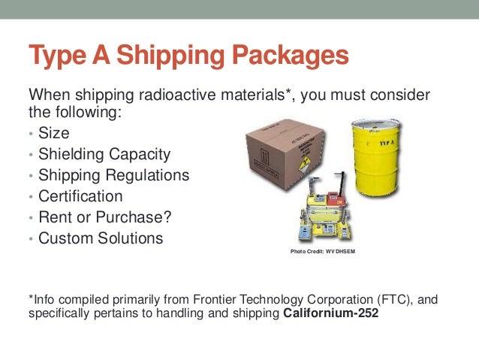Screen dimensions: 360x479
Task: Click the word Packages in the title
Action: pyautogui.click(x=288, y=56)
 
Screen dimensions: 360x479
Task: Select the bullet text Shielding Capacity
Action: pyautogui.click(x=104, y=155)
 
